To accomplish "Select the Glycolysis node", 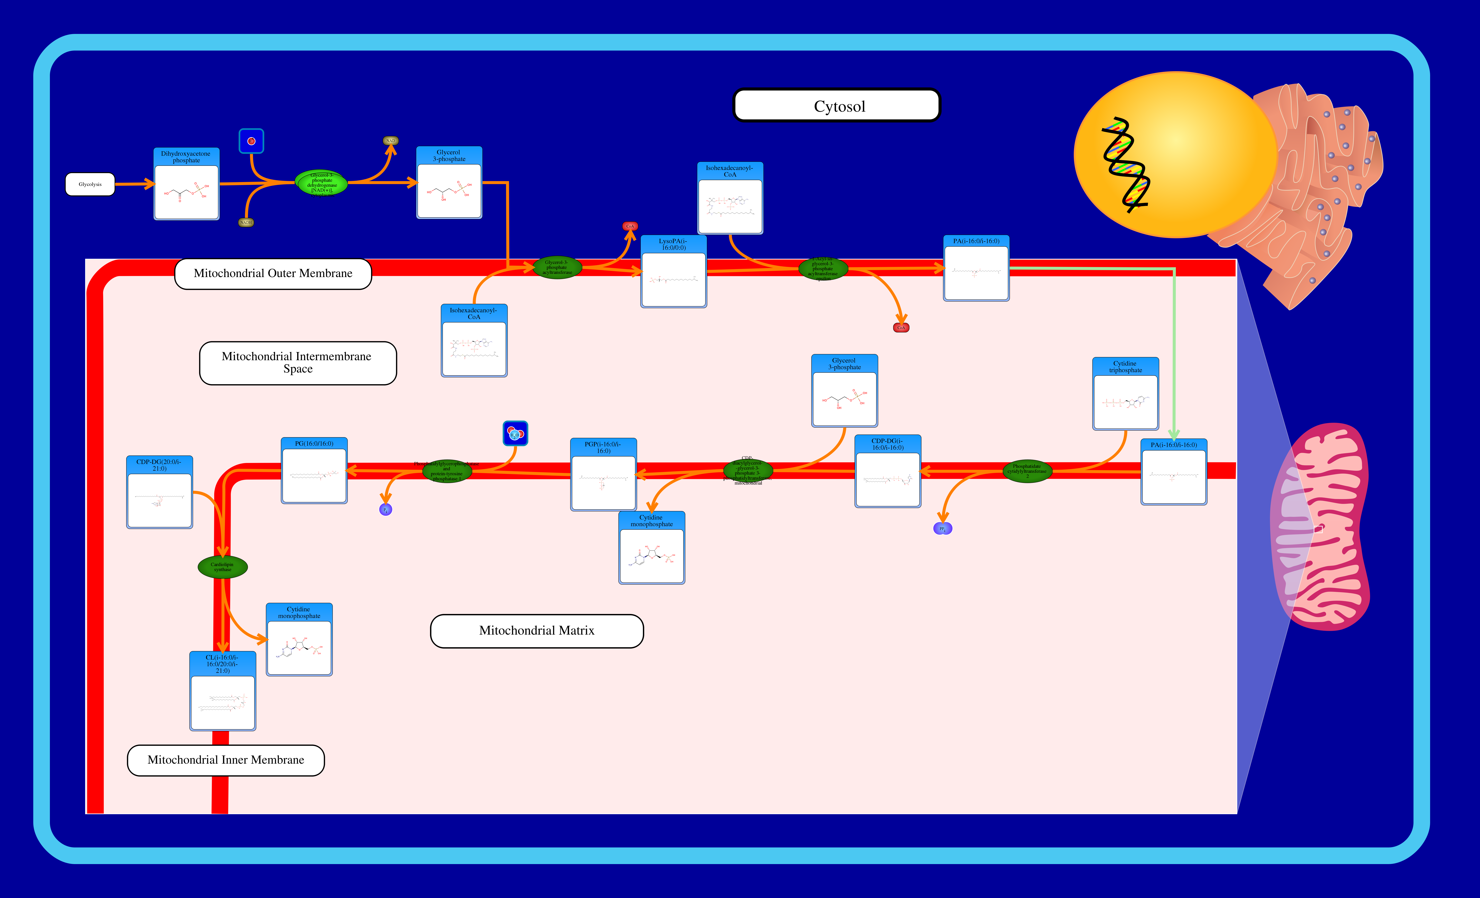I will [90, 184].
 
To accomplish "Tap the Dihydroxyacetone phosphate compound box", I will [186, 184].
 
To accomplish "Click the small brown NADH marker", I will [246, 222].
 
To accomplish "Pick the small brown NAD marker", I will [390, 141].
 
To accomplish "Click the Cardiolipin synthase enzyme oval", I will [222, 566].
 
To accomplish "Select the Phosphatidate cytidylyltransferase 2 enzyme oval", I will [1027, 471].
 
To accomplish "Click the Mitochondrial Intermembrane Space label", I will [298, 363].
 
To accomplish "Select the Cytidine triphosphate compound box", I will [1125, 394].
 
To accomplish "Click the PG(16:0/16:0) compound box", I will [314, 470].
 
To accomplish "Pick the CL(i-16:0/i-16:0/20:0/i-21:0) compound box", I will [223, 691].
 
